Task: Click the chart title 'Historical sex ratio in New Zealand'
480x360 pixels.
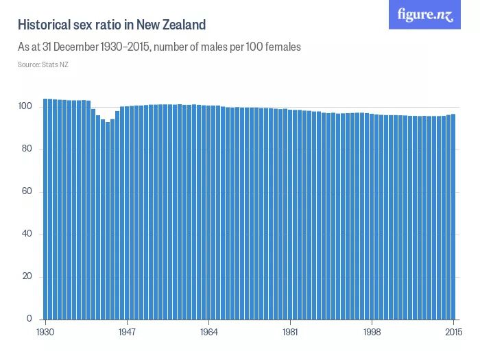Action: [112, 25]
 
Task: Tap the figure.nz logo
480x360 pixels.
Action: [424, 14]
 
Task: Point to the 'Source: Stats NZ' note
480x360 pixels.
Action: [43, 64]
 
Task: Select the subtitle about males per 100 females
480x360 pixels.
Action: [160, 47]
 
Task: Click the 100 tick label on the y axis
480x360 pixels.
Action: [25, 107]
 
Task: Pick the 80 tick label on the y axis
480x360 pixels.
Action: [27, 149]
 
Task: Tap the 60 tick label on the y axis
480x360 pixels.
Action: [27, 192]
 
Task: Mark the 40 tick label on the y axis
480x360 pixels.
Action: [27, 235]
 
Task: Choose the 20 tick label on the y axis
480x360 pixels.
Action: [27, 277]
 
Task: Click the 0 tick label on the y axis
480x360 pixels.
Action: [29, 319]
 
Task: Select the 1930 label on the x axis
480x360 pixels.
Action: [46, 331]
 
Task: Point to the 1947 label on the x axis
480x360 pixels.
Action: [128, 331]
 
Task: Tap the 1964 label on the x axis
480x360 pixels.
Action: [209, 331]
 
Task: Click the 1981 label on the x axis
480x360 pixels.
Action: [291, 331]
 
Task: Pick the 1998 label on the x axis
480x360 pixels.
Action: [372, 331]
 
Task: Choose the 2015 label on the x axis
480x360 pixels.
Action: [453, 331]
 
